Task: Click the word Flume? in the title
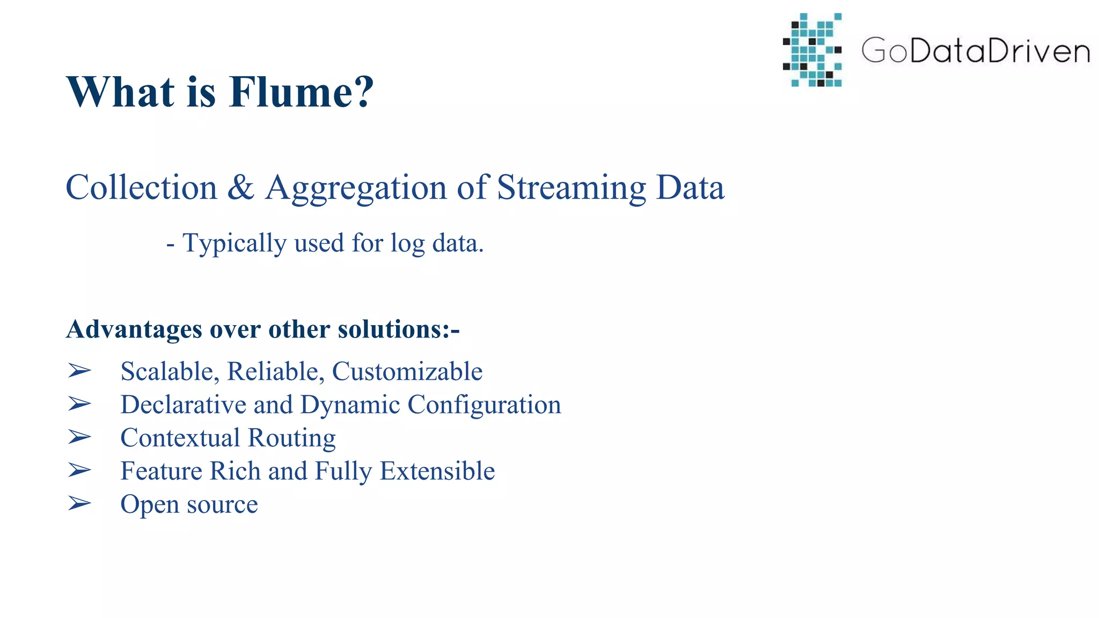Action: pyautogui.click(x=301, y=92)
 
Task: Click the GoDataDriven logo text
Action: pyautogui.click(x=975, y=51)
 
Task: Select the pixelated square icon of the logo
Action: pyautogui.click(x=812, y=50)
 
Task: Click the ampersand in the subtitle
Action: pyautogui.click(x=240, y=188)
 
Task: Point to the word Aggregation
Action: pyautogui.click(x=356, y=189)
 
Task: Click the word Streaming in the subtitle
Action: pyautogui.click(x=571, y=189)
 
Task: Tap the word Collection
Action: pyautogui.click(x=141, y=188)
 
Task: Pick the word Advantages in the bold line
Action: pyautogui.click(x=134, y=329)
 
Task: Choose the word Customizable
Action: pyautogui.click(x=407, y=372)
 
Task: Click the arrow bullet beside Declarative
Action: pyautogui.click(x=79, y=403)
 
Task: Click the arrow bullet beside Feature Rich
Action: pyautogui.click(x=79, y=470)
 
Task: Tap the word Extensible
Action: pyautogui.click(x=437, y=472)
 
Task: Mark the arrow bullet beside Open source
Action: pyautogui.click(x=79, y=503)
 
